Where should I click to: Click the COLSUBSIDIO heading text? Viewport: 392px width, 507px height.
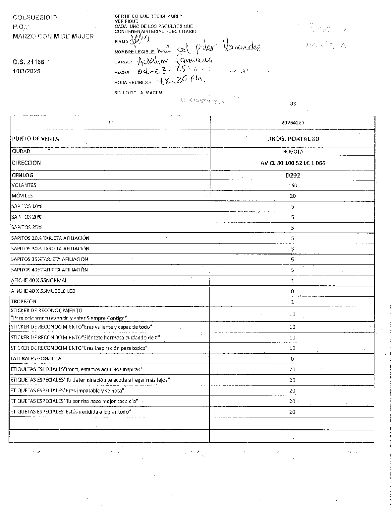[35, 17]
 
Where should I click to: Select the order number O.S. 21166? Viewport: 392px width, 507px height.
[28, 62]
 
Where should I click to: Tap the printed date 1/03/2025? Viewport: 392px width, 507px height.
[27, 71]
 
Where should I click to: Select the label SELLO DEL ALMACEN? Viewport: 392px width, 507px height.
[138, 93]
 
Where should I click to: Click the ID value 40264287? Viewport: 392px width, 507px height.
[293, 122]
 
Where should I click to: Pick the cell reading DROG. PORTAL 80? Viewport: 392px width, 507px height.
[293, 139]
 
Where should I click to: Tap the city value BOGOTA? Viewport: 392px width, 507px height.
[293, 151]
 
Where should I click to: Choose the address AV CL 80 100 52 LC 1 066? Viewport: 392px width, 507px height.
[293, 163]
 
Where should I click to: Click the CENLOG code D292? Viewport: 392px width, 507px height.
[293, 175]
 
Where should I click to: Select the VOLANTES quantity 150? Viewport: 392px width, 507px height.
[293, 185]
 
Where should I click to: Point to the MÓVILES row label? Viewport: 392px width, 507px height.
[22, 196]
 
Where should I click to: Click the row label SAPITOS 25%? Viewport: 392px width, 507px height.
[27, 227]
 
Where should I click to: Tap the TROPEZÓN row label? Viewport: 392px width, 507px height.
[24, 301]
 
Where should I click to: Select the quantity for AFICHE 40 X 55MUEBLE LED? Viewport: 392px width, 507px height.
[293, 291]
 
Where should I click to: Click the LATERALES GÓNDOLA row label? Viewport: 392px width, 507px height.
[36, 358]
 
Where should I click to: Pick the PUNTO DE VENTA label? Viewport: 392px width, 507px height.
[35, 139]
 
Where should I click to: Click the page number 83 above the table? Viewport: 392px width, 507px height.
[293, 104]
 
